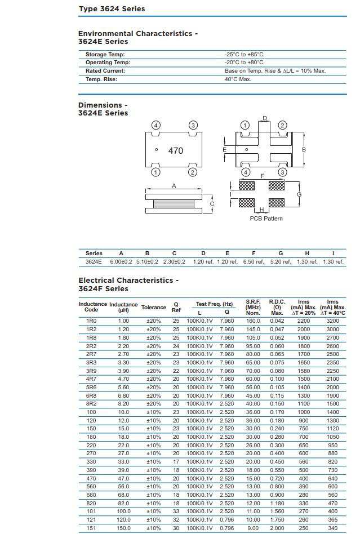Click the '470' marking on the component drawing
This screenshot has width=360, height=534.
176,151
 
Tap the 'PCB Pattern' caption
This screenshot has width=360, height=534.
266,219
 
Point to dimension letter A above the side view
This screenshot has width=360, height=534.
174,186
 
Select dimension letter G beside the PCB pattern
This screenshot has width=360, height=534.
299,194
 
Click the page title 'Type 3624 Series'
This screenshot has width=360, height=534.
112,8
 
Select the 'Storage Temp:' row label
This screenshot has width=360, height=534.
105,55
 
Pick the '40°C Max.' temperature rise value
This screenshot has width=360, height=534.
238,79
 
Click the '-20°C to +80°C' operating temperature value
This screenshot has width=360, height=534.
243,63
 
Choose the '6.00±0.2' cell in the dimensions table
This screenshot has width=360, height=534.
121,262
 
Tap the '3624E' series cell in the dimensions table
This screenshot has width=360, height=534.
94,262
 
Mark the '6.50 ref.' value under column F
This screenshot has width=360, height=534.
254,262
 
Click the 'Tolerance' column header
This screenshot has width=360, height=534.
154,308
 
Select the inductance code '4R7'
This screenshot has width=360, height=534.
91,380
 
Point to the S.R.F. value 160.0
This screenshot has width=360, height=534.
253,321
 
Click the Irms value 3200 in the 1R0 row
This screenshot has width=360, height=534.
333,321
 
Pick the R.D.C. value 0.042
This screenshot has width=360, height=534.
277,321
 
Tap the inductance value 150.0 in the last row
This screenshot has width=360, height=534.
123,528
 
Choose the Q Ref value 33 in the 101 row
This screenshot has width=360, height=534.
176,512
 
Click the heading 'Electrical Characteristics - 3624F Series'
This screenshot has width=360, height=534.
128,284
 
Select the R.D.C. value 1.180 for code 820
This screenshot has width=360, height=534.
277,504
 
